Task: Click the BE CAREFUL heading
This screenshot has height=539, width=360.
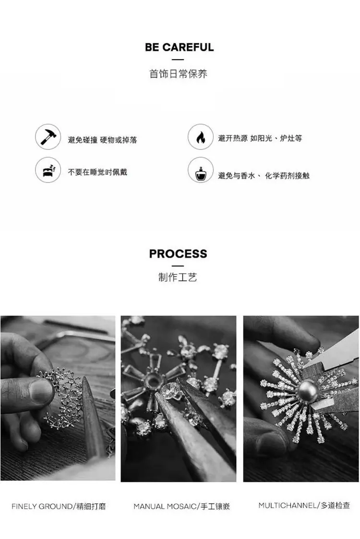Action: click(179, 47)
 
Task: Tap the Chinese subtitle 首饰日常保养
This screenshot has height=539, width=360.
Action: click(178, 73)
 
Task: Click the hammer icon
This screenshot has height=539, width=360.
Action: click(48, 137)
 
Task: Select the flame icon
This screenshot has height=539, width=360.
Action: click(201, 137)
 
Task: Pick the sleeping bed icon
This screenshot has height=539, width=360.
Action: click(48, 170)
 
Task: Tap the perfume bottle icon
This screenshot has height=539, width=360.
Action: click(201, 170)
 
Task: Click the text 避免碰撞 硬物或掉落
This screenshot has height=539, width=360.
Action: click(102, 140)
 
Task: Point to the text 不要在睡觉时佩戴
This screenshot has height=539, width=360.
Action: click(97, 172)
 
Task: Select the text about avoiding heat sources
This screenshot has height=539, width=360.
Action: click(260, 138)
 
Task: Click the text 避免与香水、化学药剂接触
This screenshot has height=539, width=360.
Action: click(264, 176)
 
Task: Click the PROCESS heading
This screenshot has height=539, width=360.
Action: click(178, 254)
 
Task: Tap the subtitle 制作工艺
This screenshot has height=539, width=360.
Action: click(178, 277)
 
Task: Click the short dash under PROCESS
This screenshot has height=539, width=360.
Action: click(178, 266)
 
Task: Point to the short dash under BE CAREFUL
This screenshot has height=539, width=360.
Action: click(178, 60)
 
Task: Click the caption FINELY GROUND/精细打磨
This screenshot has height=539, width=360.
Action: click(59, 506)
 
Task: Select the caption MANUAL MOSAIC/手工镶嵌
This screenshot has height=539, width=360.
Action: click(182, 506)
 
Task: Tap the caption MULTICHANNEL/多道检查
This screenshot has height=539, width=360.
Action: click(304, 505)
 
